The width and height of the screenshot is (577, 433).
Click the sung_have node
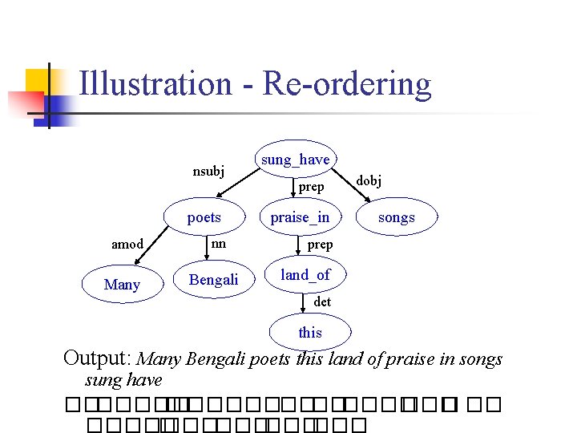tap(294, 160)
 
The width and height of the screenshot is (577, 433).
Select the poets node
tap(204, 217)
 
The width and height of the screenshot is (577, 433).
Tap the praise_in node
tap(300, 217)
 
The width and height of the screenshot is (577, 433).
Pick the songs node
tap(397, 217)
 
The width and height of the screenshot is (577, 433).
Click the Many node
tap(122, 285)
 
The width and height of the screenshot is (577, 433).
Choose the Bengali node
tap(213, 280)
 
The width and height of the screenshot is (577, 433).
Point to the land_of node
tap(305, 275)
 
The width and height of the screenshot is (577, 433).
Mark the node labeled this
tap(310, 332)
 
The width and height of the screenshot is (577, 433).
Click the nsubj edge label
tap(208, 170)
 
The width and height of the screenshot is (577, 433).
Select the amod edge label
tap(127, 245)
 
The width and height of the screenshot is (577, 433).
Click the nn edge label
tap(218, 244)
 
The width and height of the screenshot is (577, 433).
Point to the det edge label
tap(322, 302)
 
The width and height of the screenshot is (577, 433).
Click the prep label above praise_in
tap(311, 187)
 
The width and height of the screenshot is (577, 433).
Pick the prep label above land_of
tap(320, 245)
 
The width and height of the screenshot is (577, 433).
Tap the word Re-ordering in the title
tap(346, 84)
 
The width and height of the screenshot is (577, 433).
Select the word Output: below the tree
tap(99, 358)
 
